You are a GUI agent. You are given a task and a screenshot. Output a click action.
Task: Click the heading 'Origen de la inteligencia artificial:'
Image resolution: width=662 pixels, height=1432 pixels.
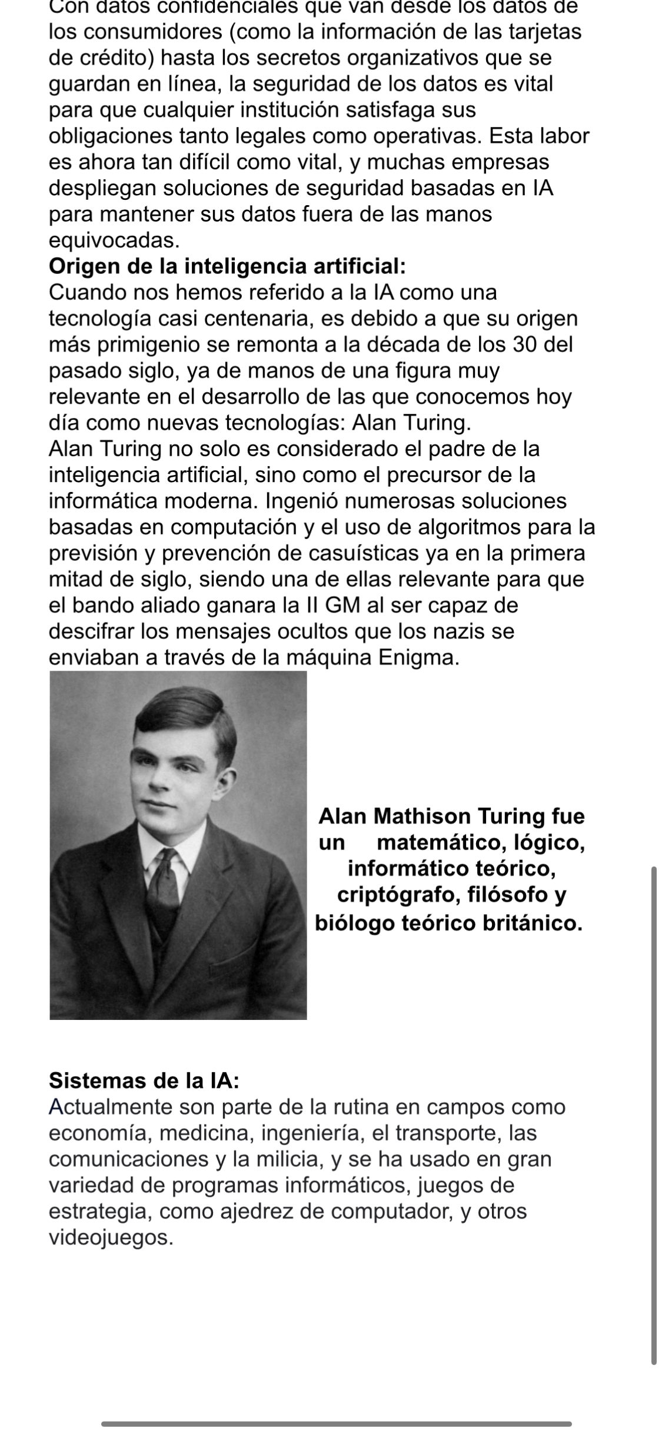click(227, 266)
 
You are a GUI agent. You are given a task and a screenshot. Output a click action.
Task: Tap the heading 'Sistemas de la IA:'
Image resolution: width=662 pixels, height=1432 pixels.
click(144, 1080)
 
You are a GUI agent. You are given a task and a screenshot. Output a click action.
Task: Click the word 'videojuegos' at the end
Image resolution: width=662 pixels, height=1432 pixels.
click(110, 1239)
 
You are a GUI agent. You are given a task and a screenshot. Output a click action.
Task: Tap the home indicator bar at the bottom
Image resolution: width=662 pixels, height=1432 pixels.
click(336, 1423)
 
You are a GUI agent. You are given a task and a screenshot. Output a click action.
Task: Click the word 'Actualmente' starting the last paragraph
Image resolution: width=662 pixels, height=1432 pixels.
click(110, 1108)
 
